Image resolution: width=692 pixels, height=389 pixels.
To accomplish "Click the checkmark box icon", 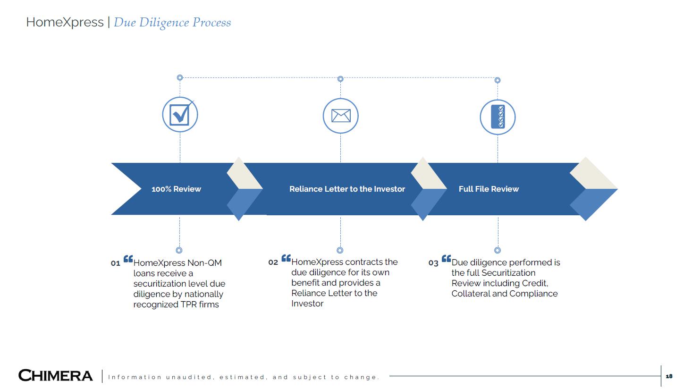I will coord(180,115).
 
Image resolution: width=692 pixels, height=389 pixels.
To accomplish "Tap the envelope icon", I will coord(340,116).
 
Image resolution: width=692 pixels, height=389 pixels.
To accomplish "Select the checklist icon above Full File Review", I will coord(498,117).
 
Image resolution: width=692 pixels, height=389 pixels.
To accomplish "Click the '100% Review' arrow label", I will coord(176,189).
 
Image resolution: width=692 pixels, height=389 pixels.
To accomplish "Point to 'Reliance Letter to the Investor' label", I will coord(347,189).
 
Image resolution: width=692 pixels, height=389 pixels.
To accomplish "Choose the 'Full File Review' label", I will coord(489,189).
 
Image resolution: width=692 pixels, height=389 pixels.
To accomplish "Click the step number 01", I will coord(116,263).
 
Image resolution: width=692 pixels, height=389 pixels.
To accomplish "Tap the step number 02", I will coord(273,262).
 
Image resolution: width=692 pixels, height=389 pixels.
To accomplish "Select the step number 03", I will coord(433,263).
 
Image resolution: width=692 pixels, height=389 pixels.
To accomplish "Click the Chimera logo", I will coord(56,376).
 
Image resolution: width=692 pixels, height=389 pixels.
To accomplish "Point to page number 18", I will coord(669,376).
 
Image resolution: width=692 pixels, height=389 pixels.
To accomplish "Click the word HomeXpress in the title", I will coord(65,22).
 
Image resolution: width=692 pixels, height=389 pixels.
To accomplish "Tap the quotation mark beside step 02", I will coord(286,258).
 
